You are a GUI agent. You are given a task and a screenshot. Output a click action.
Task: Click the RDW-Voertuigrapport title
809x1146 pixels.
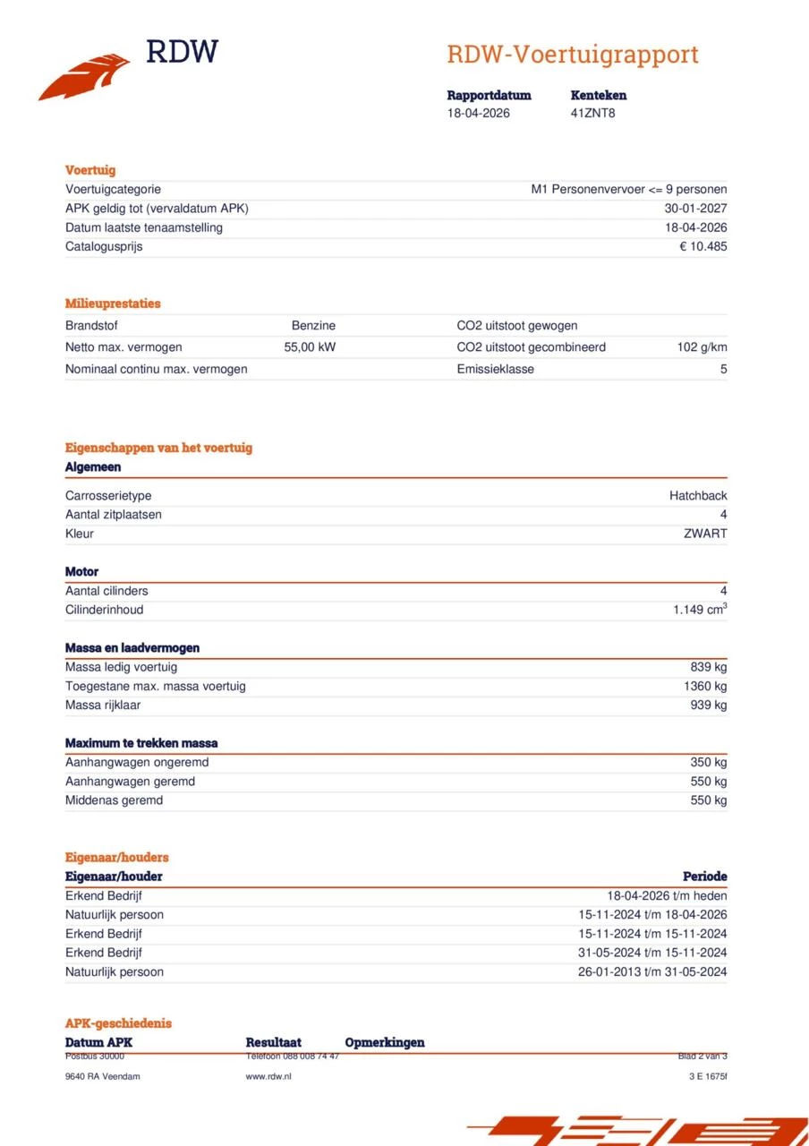coord(572,55)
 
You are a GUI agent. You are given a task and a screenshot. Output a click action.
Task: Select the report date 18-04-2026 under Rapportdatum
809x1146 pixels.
coord(479,114)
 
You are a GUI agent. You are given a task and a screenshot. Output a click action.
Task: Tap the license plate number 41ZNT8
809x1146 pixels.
coord(592,114)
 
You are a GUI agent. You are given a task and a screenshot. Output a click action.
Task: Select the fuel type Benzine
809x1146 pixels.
coord(313,326)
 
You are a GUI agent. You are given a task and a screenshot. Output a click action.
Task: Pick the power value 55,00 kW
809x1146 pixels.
coord(310,347)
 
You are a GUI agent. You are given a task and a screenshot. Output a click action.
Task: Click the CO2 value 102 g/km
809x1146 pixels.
coord(702,347)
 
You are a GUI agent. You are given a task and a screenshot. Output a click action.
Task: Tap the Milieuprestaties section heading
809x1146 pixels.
coord(113,304)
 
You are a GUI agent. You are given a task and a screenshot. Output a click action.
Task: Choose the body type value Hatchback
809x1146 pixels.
coord(698,496)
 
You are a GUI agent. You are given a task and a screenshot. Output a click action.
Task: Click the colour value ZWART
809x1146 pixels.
coord(705,534)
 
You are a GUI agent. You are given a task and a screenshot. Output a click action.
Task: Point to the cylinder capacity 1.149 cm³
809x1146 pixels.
coord(700,610)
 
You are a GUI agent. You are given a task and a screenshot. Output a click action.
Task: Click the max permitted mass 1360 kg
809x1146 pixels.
coord(705,687)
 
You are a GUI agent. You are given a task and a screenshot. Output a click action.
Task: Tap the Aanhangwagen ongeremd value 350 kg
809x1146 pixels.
coord(708,763)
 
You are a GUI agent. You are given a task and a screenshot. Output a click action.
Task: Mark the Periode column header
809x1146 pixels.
coord(704,877)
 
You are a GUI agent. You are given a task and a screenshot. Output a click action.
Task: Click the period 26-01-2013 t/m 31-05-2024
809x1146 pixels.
coord(652,972)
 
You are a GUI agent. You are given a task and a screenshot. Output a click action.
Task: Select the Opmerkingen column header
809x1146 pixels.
coord(384,1042)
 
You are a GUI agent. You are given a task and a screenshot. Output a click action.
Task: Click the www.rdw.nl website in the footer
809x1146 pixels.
coord(268,1076)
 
